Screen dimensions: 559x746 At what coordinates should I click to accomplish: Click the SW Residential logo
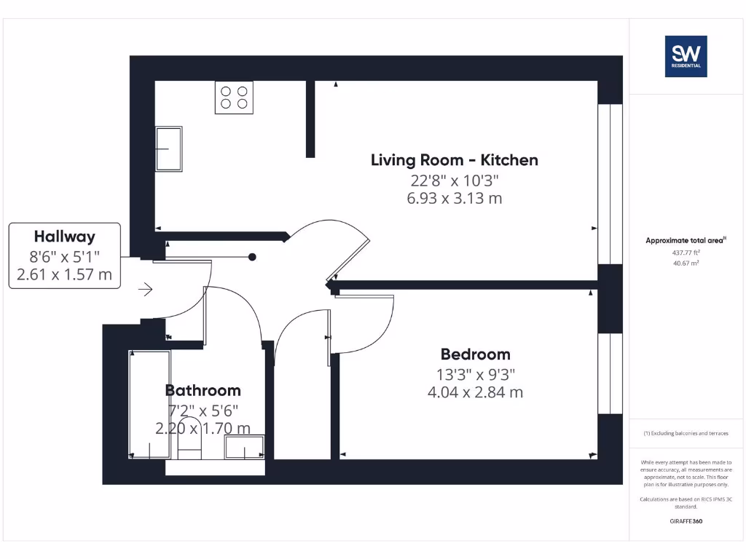coord(685,56)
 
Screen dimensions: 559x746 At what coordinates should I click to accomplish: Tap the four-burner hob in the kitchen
coord(234,98)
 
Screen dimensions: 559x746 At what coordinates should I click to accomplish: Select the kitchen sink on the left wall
coord(169,149)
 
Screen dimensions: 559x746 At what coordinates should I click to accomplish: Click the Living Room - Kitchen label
coord(454,160)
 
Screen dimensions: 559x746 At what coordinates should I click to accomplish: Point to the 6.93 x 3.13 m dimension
coord(454,198)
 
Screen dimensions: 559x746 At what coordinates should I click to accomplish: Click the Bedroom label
coord(475,354)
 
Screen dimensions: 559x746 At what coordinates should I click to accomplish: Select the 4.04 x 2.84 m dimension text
coord(475,393)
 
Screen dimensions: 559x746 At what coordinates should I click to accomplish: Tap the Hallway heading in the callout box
coord(64,237)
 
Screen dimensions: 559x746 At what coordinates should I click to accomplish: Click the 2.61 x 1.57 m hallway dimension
coord(64,274)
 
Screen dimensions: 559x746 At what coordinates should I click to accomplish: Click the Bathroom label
coord(203,390)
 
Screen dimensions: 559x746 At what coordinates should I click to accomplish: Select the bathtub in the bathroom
coord(149,404)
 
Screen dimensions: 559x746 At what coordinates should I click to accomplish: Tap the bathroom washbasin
coord(244,447)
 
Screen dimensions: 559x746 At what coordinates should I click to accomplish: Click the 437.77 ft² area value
coord(685,253)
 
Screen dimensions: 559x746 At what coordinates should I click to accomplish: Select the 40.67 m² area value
coord(685,263)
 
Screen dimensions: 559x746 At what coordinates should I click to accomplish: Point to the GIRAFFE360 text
coord(685,521)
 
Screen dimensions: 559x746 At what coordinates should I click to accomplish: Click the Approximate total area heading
coord(685,240)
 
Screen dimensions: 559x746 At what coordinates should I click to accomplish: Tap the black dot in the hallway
coord(252,257)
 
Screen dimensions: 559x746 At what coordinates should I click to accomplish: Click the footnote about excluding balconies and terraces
coord(685,433)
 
